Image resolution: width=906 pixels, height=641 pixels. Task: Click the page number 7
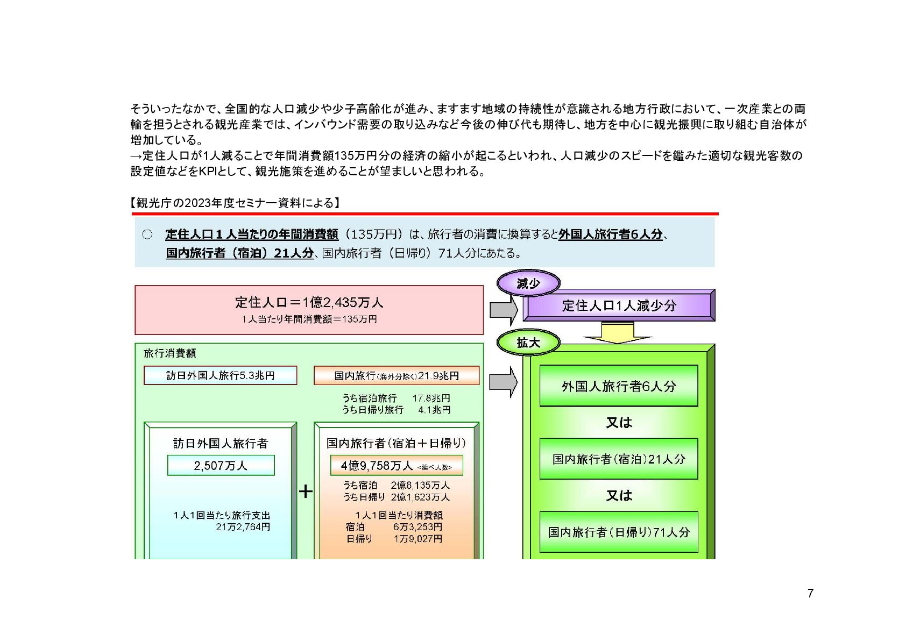pos(810,593)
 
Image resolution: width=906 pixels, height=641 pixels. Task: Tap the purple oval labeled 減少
pos(528,283)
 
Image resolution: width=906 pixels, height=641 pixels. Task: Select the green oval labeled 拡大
pos(528,343)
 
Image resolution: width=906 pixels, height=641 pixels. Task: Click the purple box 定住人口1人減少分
pos(619,305)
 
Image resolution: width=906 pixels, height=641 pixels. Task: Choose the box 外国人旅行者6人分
pos(619,386)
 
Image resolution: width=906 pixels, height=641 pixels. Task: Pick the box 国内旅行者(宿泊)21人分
pos(619,459)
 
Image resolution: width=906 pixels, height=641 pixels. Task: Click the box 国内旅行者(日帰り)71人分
pos(619,532)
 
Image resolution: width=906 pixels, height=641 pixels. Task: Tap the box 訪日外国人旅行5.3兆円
pos(220,375)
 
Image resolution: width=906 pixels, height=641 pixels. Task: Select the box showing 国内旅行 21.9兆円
pos(397,375)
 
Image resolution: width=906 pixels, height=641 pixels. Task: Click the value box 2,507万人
pos(221,465)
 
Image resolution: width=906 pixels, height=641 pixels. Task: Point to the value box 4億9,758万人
pos(397,466)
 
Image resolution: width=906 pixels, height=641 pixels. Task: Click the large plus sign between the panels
pos(306,491)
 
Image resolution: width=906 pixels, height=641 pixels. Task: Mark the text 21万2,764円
pos(243,527)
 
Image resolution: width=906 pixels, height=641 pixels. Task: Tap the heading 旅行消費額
pos(169,353)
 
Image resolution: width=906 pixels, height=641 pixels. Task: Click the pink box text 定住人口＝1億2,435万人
pos(309,302)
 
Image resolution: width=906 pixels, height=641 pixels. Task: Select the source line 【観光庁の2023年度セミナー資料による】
pos(235,203)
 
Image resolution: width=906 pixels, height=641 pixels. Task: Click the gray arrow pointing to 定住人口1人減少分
pos(503,310)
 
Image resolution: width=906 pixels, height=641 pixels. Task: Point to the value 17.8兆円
pos(431,398)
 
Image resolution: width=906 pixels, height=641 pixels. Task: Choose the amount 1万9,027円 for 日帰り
pos(417,539)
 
